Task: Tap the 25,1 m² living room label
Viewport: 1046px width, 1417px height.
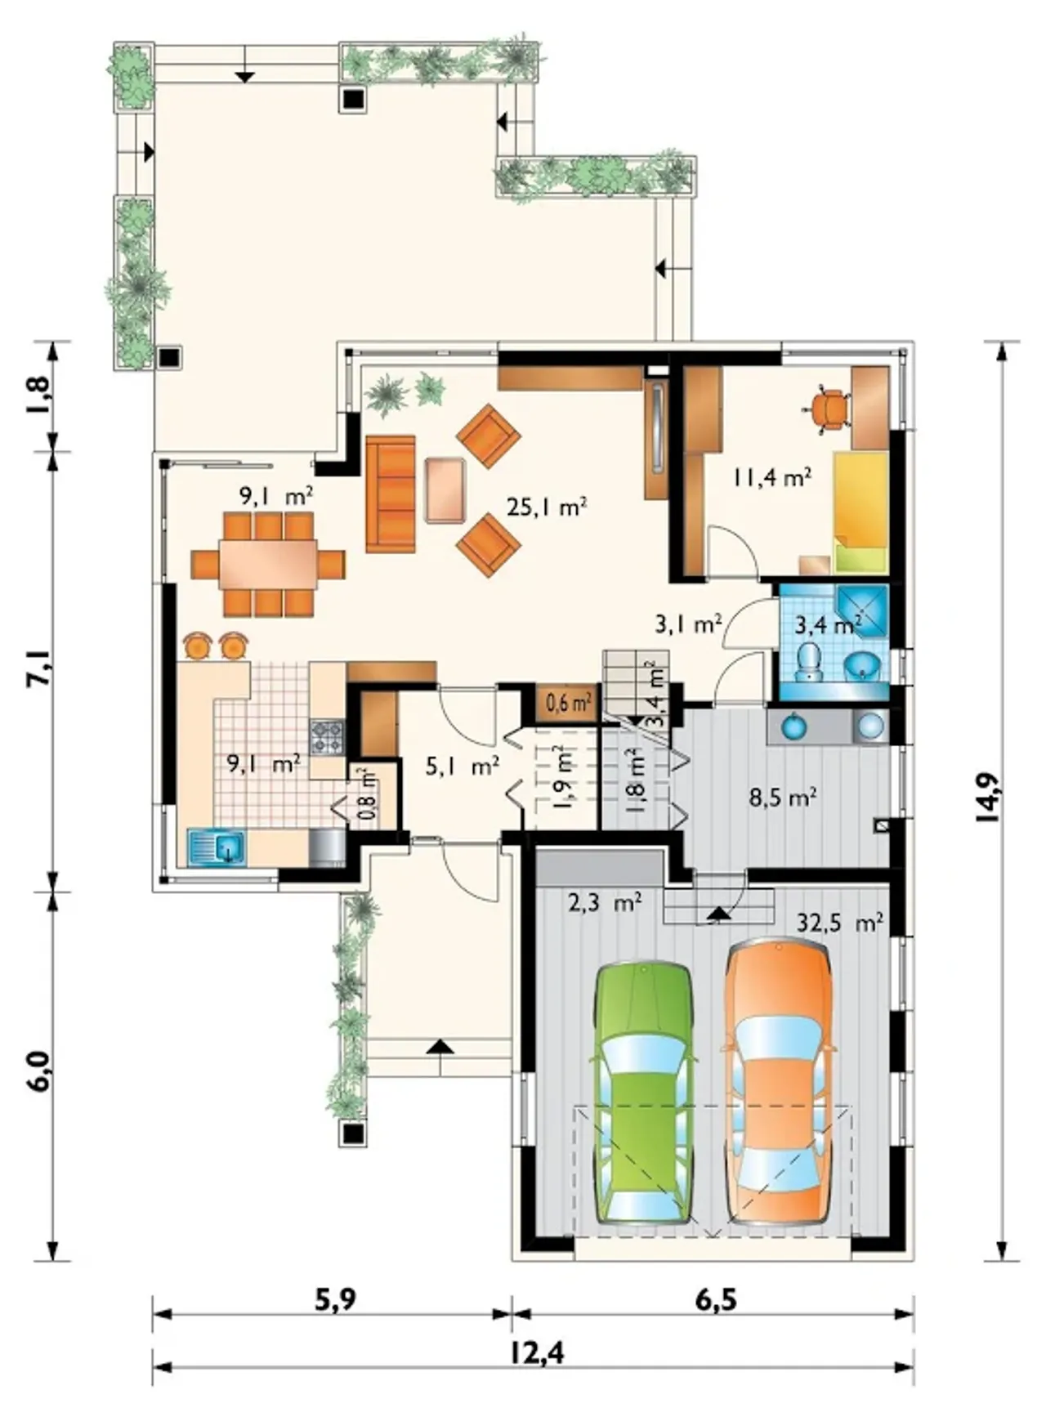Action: tap(547, 507)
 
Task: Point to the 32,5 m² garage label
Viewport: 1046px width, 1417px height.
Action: tap(839, 923)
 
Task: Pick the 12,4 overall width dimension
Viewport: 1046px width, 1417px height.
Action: tap(537, 1354)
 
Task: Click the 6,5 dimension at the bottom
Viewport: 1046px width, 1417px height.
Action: tap(716, 1299)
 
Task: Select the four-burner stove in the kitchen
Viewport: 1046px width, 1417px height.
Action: tap(327, 737)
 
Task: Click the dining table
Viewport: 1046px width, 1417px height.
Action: tap(268, 564)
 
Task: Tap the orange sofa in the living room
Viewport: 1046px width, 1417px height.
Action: tap(391, 494)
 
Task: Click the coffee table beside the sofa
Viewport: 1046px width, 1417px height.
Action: tap(445, 490)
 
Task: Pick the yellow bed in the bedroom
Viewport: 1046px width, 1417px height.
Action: tap(860, 511)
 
